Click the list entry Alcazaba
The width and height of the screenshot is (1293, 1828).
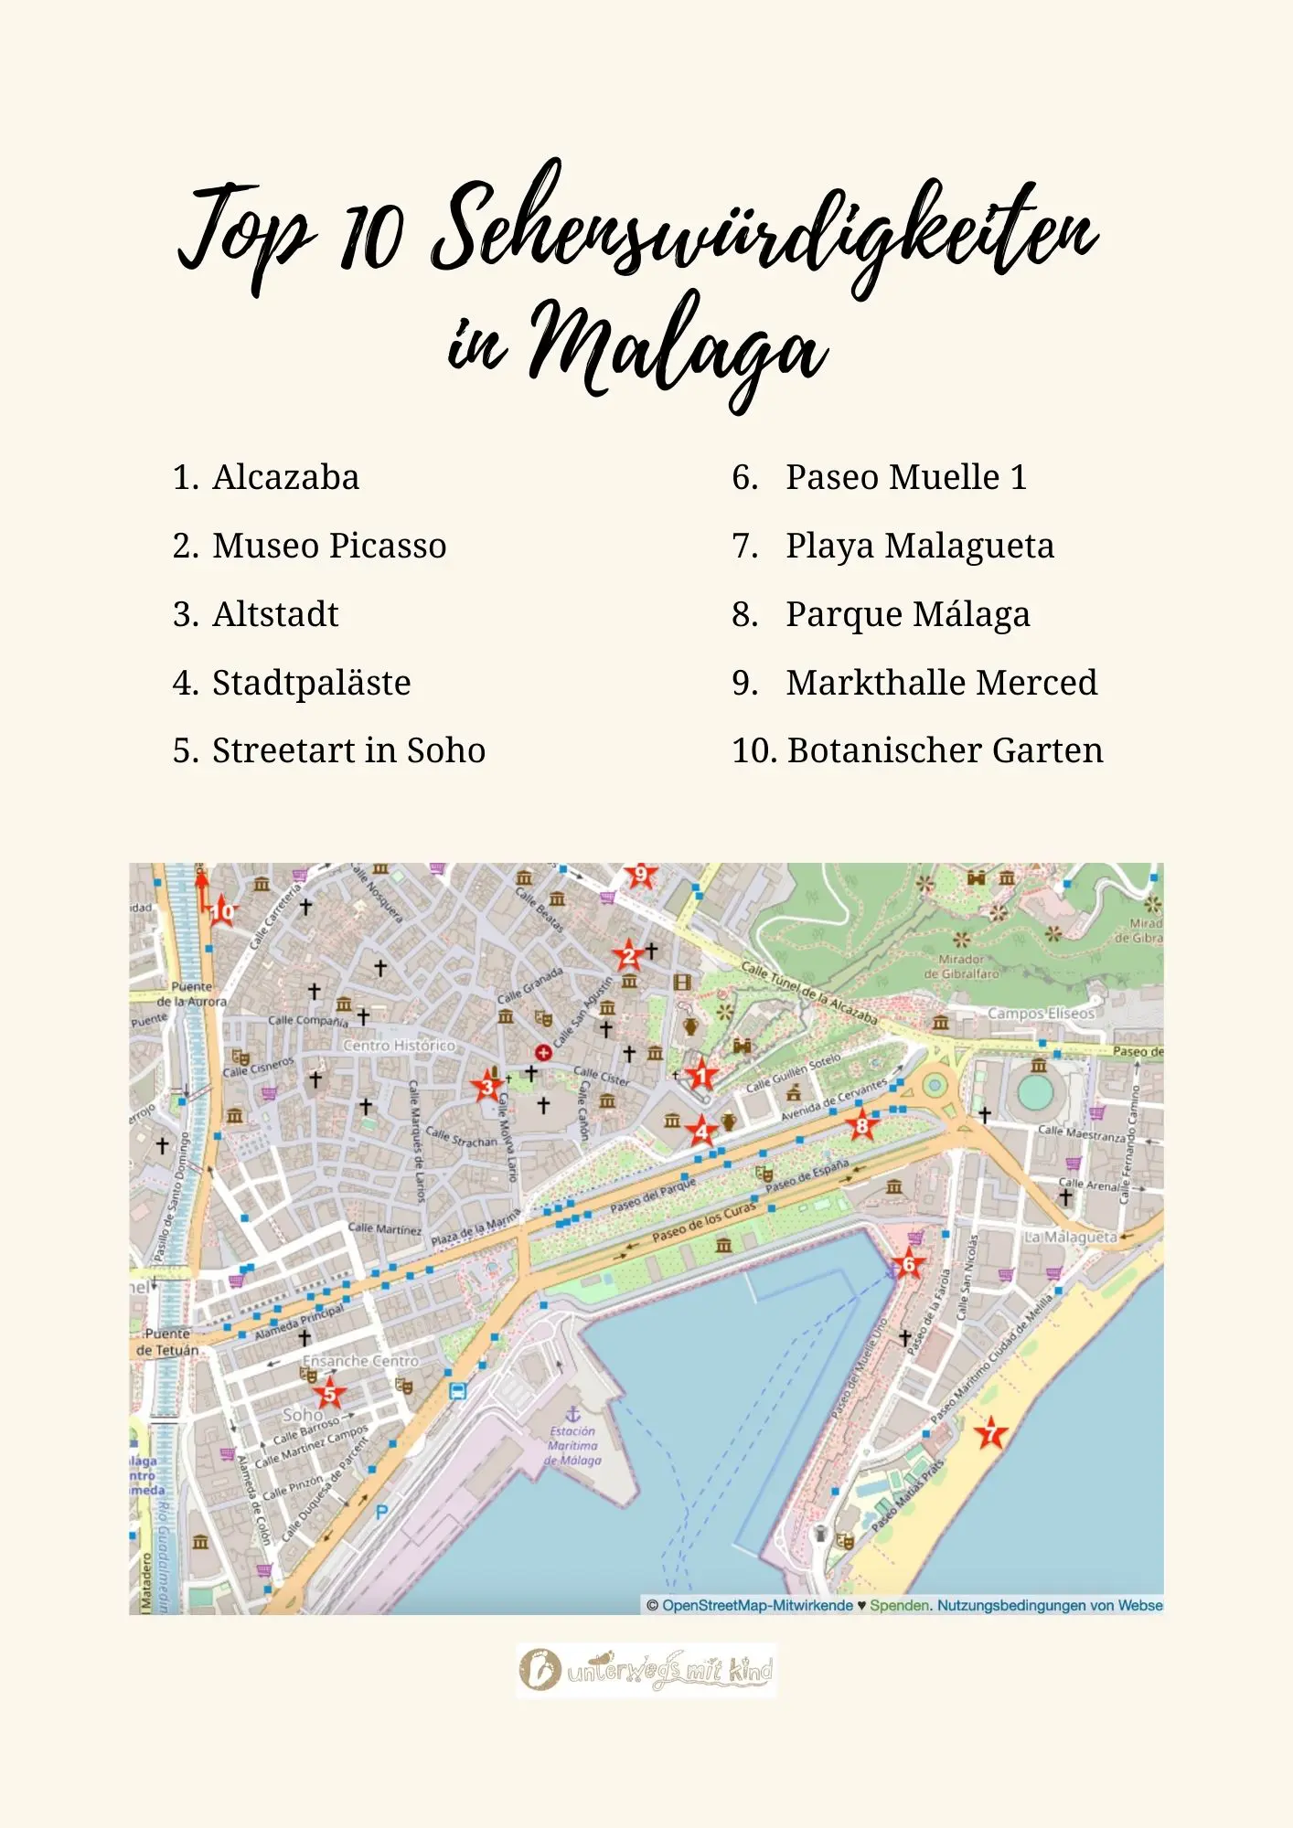(x=284, y=477)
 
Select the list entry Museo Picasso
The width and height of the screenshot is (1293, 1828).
(x=328, y=546)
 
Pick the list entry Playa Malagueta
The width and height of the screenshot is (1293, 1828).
(x=918, y=546)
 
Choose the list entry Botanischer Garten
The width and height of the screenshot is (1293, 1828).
(x=944, y=750)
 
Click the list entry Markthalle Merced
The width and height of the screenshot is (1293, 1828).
(x=940, y=683)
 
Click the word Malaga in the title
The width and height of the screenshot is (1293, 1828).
(x=677, y=352)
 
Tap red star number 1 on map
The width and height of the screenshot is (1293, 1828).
(x=701, y=1075)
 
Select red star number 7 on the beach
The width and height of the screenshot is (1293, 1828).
(x=990, y=1433)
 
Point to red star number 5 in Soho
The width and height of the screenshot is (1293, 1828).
(x=329, y=1395)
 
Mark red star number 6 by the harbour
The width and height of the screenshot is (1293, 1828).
(x=908, y=1265)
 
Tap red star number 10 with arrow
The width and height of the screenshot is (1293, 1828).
(x=222, y=911)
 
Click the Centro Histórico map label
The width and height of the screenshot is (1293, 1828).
(x=399, y=1045)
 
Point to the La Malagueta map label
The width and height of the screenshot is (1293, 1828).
(x=1070, y=1237)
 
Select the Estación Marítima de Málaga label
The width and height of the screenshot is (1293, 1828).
(x=573, y=1445)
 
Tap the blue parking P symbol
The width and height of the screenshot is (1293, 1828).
(x=382, y=1512)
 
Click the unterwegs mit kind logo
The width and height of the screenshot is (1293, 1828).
(x=646, y=1671)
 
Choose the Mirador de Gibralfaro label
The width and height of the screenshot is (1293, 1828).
(x=961, y=966)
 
